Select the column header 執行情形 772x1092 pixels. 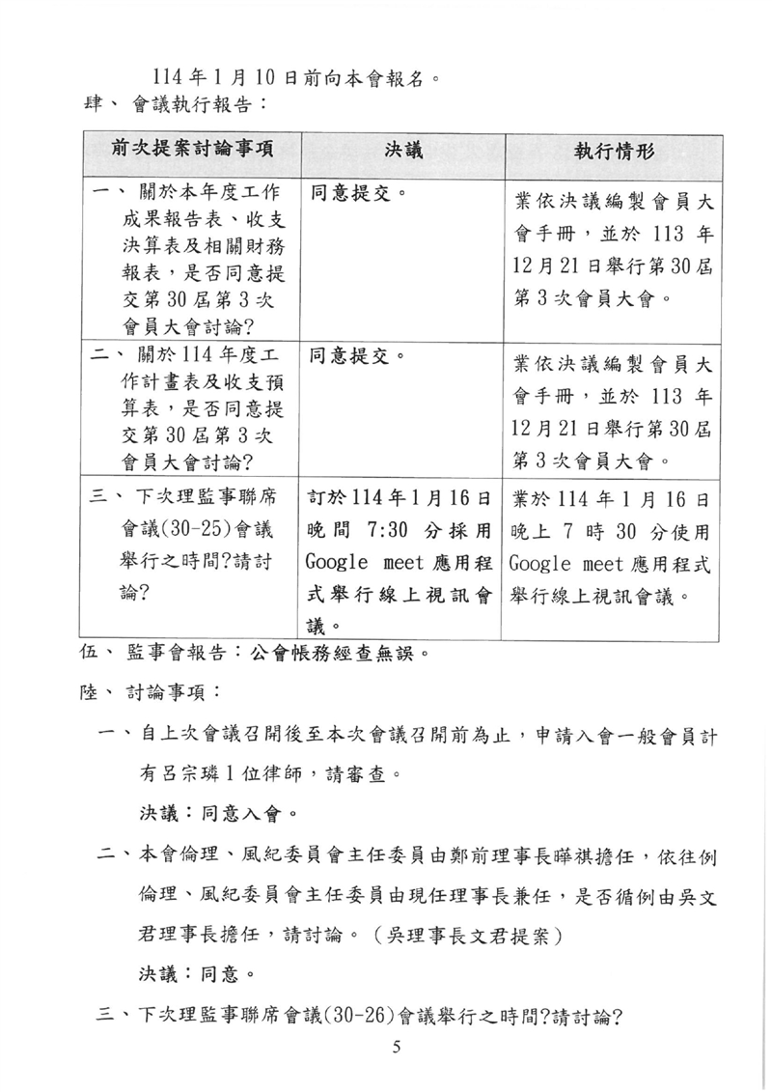(x=614, y=151)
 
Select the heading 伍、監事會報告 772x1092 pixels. (x=158, y=652)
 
